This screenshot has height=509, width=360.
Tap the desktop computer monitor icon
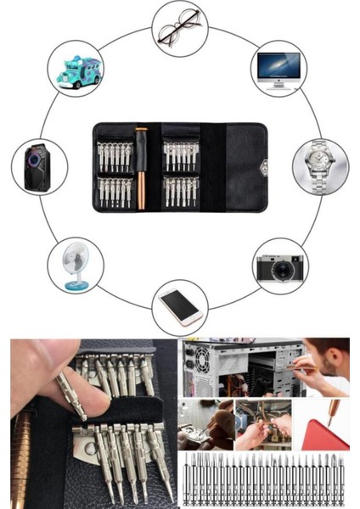pos(278,70)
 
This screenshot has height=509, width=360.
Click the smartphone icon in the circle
pos(180,306)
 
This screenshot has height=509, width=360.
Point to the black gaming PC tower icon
pos(39,166)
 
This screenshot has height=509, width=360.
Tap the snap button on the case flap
pos(267,165)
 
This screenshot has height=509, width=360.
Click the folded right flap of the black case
pos(240,165)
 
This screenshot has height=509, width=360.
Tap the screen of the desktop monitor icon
pos(278,65)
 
